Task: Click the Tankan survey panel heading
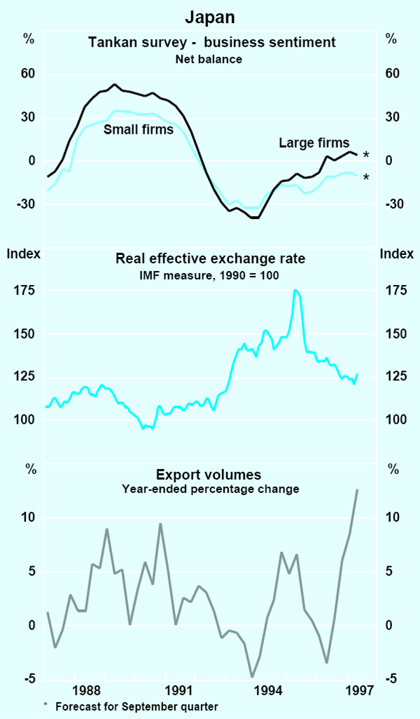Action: click(212, 43)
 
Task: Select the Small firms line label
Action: click(139, 130)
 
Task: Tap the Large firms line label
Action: click(314, 144)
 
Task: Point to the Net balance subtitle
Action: click(209, 60)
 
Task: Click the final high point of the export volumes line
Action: click(357, 490)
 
